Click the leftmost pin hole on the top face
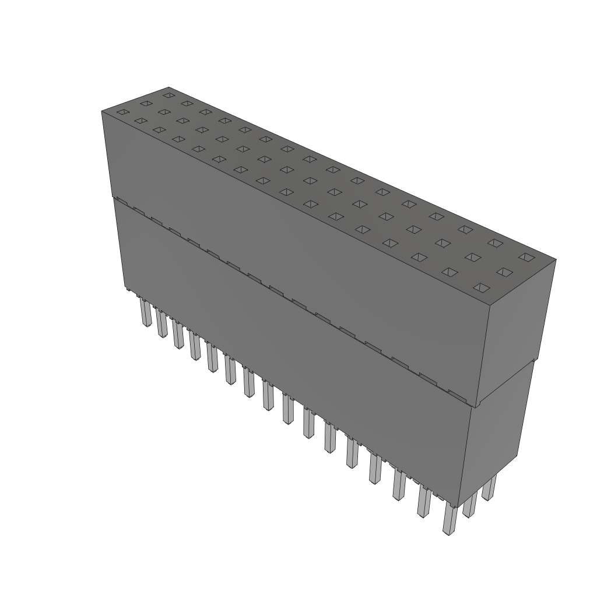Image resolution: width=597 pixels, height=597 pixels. (122, 112)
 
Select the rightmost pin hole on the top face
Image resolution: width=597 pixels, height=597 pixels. (526, 257)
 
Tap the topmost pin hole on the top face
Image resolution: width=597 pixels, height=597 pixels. (168, 94)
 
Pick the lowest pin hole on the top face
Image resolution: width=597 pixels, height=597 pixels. (480, 287)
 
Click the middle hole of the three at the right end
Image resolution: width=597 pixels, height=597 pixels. (504, 272)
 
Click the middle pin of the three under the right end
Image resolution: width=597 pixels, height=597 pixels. (470, 503)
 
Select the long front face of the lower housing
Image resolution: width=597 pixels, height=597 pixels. (292, 350)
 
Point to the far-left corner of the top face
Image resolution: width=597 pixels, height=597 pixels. (102, 111)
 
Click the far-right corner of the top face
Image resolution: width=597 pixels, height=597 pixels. (556, 259)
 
